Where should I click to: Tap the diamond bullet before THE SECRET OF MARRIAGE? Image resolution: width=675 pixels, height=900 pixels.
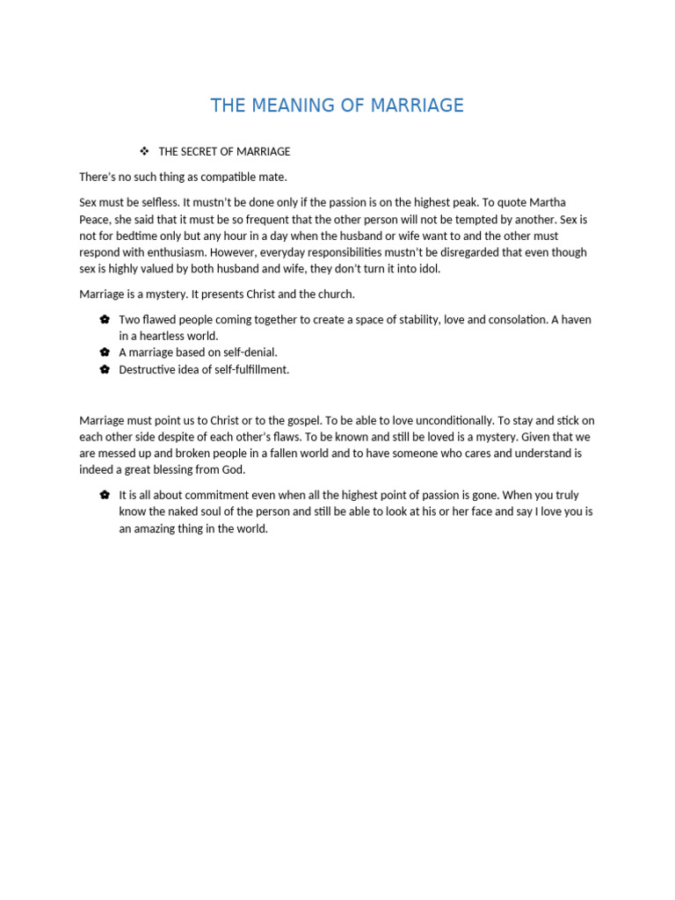144,151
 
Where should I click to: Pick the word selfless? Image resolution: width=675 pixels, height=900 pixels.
156,202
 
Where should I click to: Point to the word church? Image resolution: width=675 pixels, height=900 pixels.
334,294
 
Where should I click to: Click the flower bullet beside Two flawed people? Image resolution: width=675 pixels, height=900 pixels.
105,319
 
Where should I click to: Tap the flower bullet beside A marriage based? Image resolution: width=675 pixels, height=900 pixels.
105,352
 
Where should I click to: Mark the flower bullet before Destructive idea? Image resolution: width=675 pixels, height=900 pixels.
105,369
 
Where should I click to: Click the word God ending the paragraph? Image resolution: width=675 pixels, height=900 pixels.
234,470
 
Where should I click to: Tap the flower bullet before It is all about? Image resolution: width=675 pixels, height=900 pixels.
105,495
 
